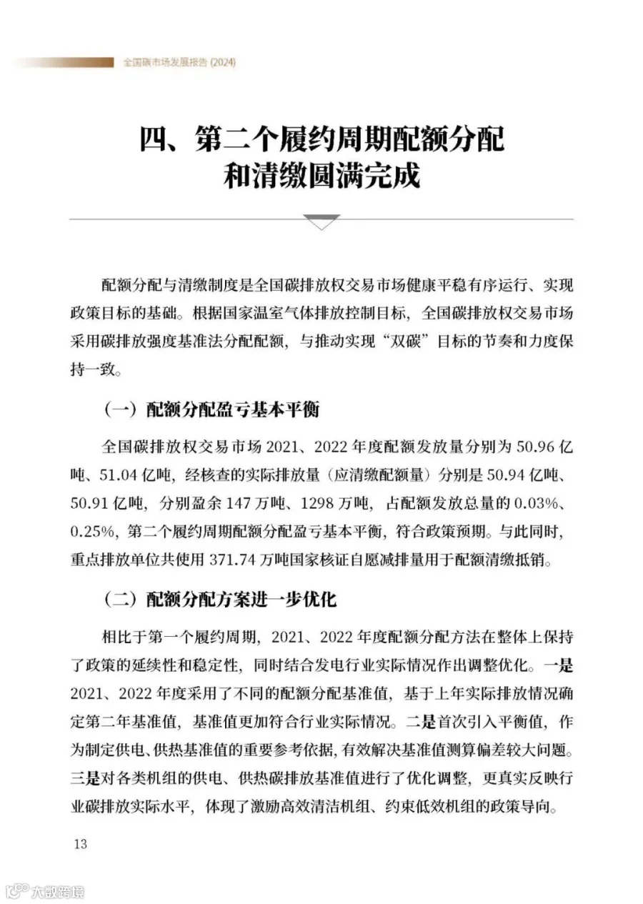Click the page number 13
click(x=79, y=844)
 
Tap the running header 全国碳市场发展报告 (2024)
click(x=179, y=63)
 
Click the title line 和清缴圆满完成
click(x=321, y=177)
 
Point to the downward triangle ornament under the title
click(x=321, y=222)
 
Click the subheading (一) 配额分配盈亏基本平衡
click(x=212, y=410)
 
